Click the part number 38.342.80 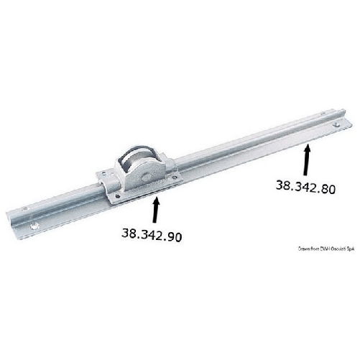click(305, 185)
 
